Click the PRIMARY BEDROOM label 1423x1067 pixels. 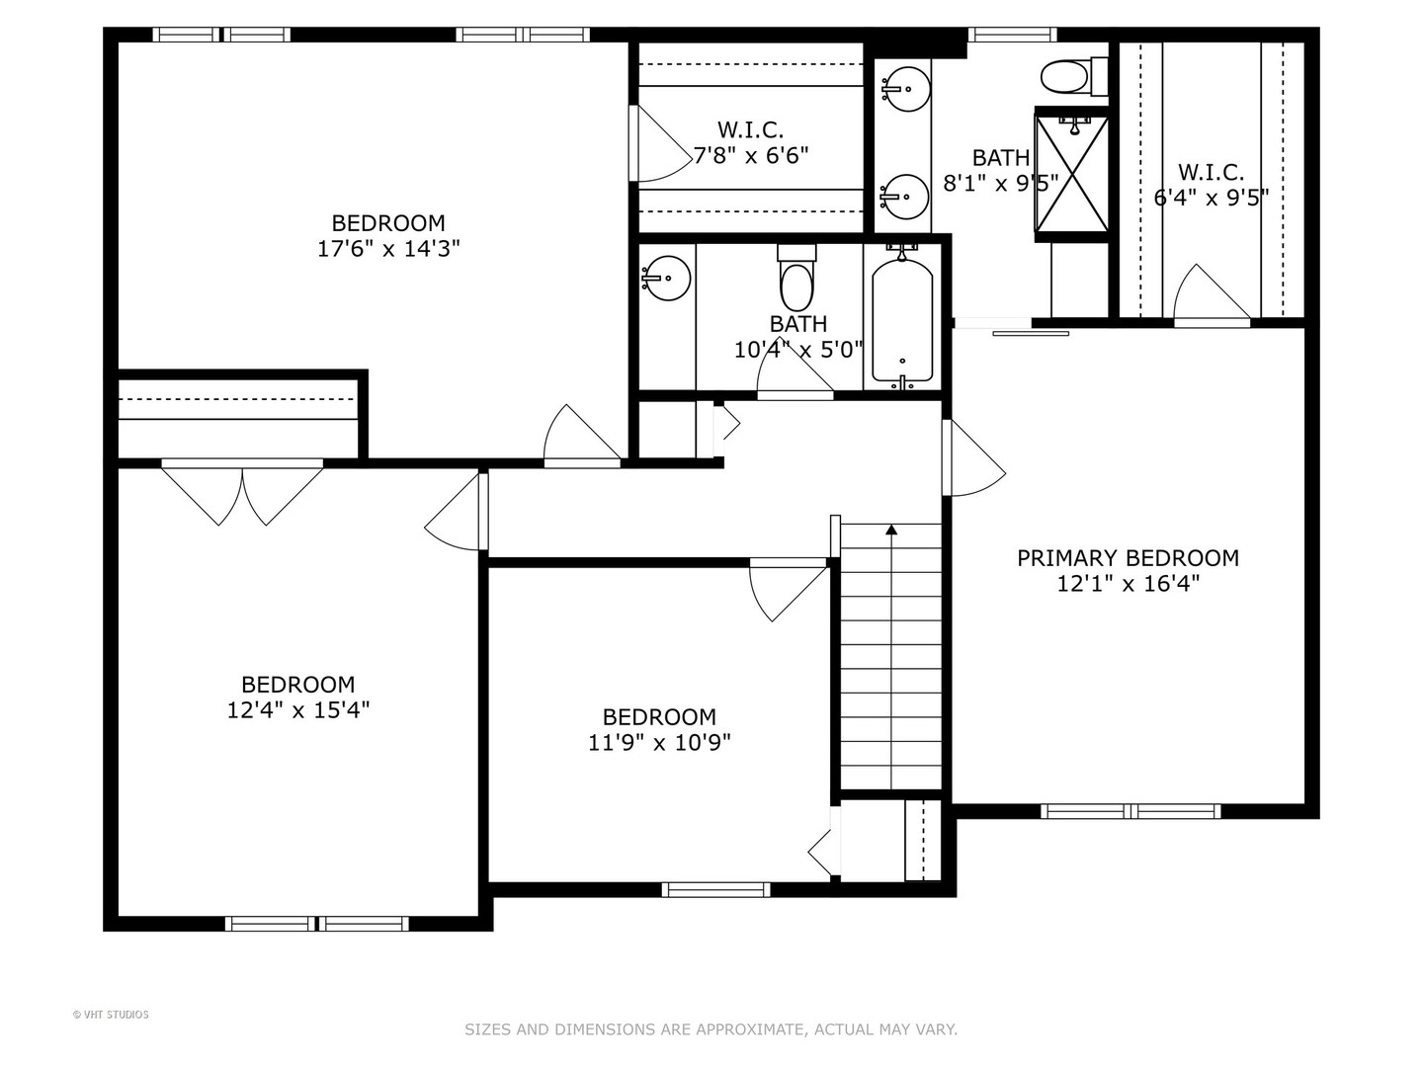(x=1128, y=558)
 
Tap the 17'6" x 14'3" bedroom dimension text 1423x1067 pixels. (x=388, y=249)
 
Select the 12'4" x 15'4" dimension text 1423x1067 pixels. (x=298, y=709)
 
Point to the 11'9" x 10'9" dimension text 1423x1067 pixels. (x=659, y=742)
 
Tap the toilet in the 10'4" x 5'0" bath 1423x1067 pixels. (x=796, y=281)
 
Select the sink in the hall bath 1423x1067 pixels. (x=666, y=279)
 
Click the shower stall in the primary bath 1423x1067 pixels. (x=1071, y=174)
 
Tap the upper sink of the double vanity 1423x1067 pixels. (x=904, y=88)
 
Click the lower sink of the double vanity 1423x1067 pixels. (x=904, y=197)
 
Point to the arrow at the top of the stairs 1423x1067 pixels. (x=891, y=531)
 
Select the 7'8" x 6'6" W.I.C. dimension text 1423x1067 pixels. (x=750, y=156)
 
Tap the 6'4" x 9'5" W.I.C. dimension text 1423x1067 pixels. (x=1212, y=198)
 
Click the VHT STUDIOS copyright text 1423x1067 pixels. (x=111, y=1015)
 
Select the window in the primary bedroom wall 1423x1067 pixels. (x=1130, y=811)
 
